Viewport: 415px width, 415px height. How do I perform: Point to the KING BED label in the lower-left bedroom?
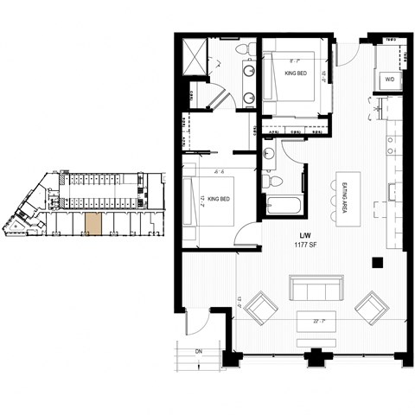[x=218, y=200]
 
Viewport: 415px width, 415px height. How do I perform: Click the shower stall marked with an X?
[x=195, y=56]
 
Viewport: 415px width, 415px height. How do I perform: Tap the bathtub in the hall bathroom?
[x=282, y=207]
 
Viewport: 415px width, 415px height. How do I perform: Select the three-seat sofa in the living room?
[x=314, y=288]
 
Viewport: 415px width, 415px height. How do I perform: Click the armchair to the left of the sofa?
[x=261, y=307]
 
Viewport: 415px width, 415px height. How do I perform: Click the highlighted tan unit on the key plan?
[x=93, y=223]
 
